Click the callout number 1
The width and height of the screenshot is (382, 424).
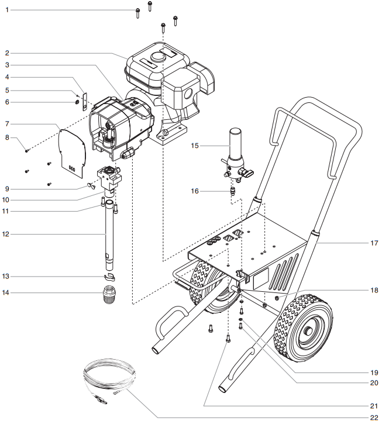(7, 11)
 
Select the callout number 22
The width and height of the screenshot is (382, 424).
(373, 416)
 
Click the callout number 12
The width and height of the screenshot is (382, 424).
(7, 235)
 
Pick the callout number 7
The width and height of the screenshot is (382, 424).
(7, 124)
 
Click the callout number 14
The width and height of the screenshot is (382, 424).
(7, 292)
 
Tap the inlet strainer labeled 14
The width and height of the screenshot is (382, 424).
(106, 294)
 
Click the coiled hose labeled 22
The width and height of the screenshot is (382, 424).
(108, 383)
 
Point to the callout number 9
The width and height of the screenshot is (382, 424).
(7, 188)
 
